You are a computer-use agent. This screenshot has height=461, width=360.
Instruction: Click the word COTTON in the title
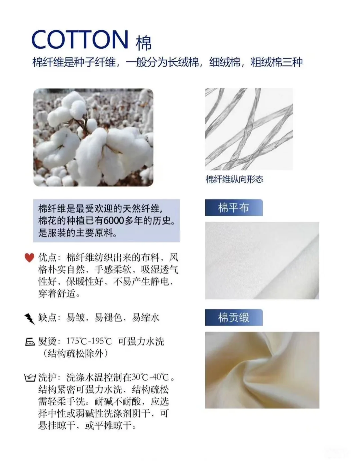point(80,40)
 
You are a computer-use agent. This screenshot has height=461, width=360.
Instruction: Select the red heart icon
point(29,257)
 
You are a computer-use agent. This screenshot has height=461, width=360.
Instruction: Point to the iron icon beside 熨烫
point(30,342)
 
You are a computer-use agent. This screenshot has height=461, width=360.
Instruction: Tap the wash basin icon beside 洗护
point(30,378)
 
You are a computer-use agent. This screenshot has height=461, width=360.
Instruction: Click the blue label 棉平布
point(233,208)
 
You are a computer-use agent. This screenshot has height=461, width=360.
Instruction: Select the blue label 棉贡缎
point(233,318)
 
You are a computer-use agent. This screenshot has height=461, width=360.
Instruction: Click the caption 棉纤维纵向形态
point(234,180)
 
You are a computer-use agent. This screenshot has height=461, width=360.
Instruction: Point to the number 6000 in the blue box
point(114,221)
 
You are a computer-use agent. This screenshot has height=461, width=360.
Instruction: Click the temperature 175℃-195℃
point(89,341)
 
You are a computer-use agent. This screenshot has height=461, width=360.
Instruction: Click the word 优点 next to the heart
point(47,257)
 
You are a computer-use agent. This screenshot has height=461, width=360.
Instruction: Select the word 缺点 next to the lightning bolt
point(47,317)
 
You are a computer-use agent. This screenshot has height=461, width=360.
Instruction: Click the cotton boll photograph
point(93,137)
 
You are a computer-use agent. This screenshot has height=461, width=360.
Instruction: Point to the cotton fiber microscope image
point(249,129)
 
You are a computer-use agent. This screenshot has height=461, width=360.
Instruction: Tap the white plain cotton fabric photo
point(262,260)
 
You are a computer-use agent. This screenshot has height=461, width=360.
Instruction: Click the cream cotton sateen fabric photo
point(262,370)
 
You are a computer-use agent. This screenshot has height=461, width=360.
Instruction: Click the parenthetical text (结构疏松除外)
point(76,353)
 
